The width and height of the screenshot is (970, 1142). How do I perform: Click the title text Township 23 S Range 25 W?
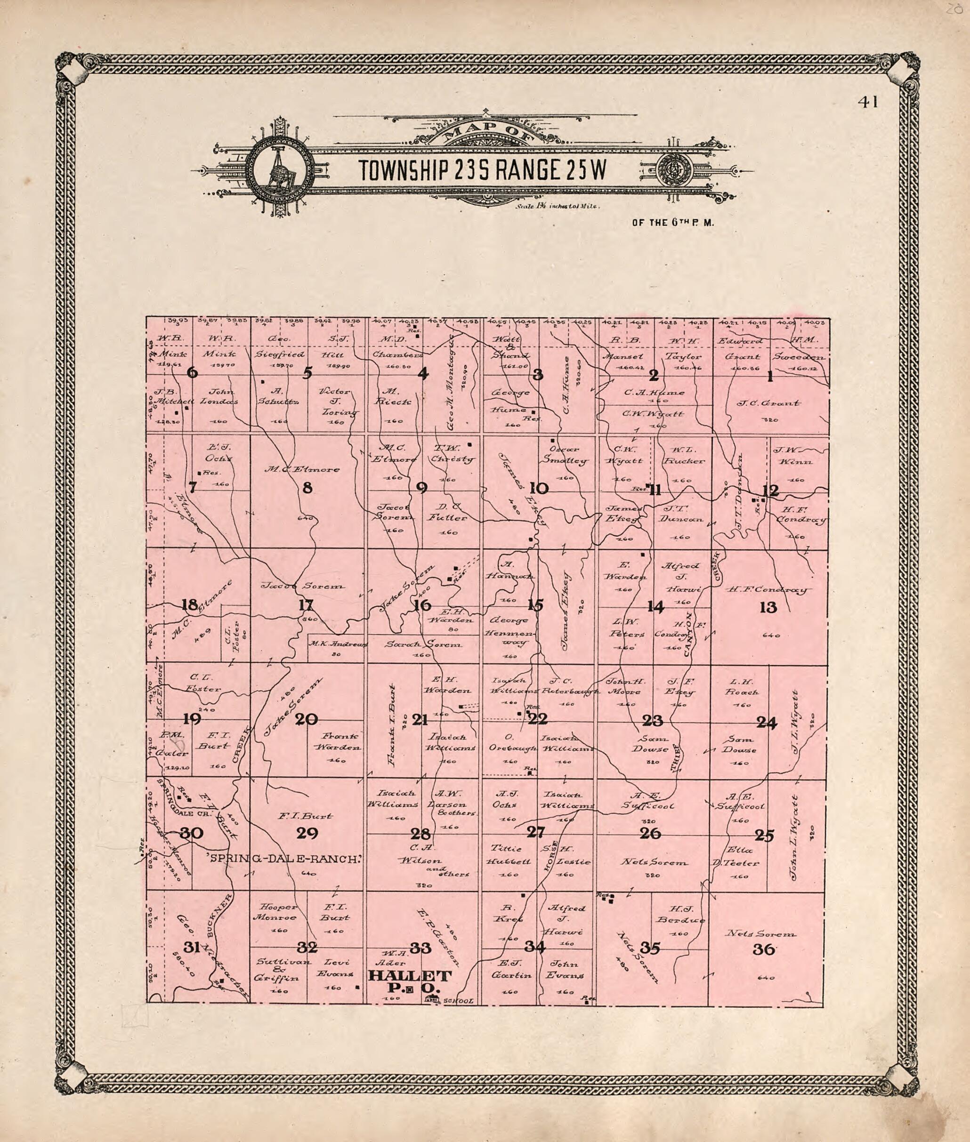[x=482, y=171]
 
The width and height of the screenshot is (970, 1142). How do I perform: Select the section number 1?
[x=770, y=377]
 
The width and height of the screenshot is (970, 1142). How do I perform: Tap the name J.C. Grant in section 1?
[x=768, y=403]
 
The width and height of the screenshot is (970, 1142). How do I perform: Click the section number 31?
[x=191, y=947]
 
